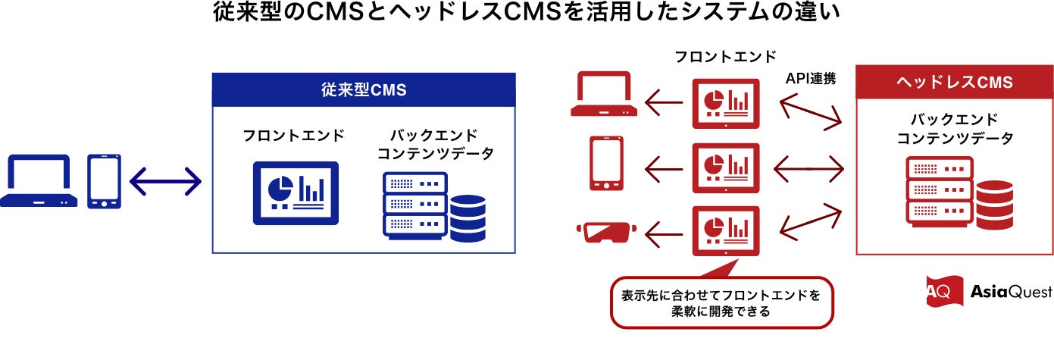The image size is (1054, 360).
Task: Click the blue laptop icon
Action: pyautogui.click(x=39, y=181)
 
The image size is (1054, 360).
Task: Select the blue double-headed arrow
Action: pyautogui.click(x=166, y=182)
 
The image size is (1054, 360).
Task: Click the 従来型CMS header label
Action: pyautogui.click(x=363, y=89)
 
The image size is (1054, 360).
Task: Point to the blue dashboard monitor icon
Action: pyautogui.click(x=296, y=193)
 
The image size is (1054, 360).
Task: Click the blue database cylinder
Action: pyautogui.click(x=468, y=218)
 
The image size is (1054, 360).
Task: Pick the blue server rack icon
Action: pyautogui.click(x=415, y=203)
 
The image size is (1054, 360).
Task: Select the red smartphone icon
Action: pyautogui.click(x=608, y=163)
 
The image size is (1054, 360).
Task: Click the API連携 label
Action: pyautogui.click(x=810, y=78)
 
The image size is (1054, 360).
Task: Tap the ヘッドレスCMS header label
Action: pyautogui.click(x=954, y=83)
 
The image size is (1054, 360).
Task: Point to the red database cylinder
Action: pyautogui.click(x=994, y=202)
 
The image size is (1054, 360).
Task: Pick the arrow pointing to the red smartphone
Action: pyautogui.click(x=663, y=164)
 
